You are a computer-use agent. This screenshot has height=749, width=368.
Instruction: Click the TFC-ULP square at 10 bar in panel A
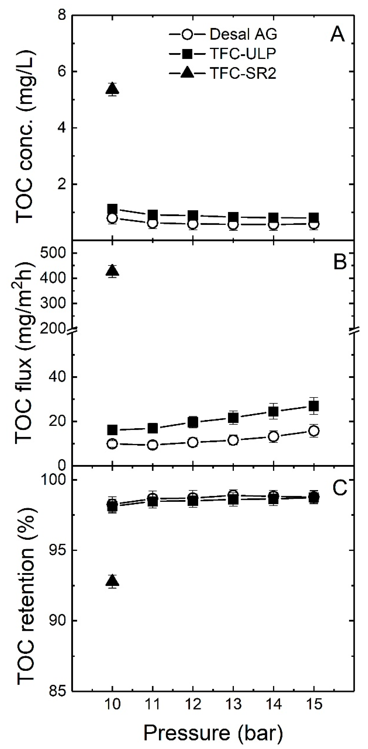(112, 209)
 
